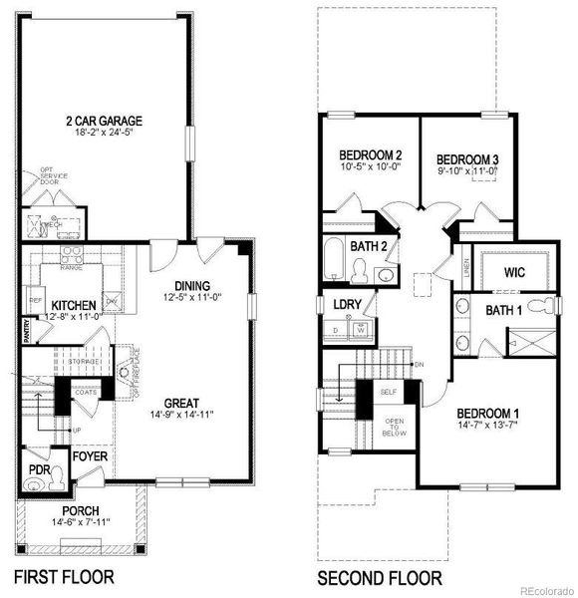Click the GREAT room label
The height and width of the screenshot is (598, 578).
[180, 401]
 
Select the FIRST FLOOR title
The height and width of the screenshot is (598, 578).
[63, 576]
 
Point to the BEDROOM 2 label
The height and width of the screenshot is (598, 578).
[370, 155]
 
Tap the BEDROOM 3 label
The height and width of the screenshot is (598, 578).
[467, 158]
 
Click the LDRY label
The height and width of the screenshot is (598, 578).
[347, 303]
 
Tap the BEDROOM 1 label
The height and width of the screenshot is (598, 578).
[485, 413]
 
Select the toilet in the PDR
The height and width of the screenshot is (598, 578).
[35, 486]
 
